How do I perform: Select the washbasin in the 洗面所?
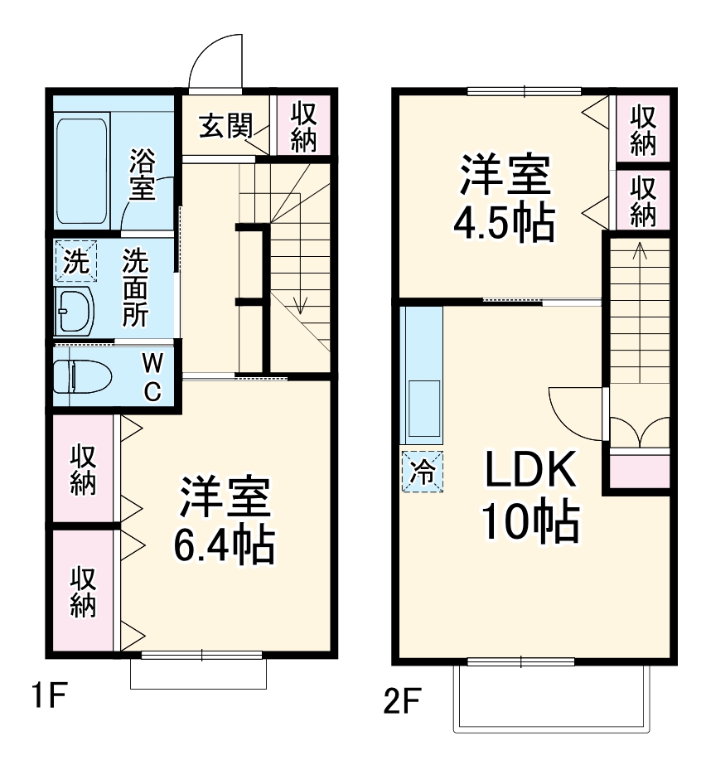pos(75,311)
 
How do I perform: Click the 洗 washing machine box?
pos(75,262)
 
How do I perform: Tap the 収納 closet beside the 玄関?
pos(303,125)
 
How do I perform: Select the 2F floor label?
pos(403,704)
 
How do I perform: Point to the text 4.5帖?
pos(503,221)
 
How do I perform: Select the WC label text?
pos(152,377)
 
